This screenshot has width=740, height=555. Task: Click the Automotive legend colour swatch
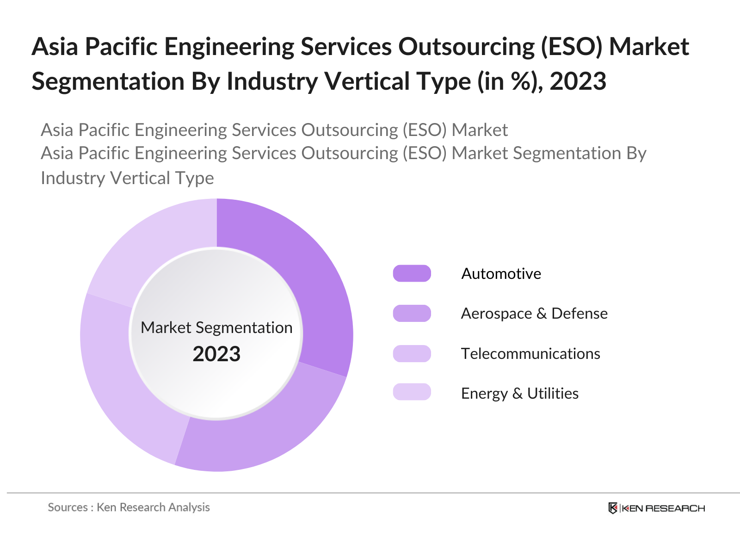(x=412, y=273)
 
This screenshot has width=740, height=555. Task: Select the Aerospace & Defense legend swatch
(x=412, y=313)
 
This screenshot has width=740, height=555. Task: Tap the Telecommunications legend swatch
(x=412, y=353)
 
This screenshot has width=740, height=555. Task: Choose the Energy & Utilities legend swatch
(x=412, y=392)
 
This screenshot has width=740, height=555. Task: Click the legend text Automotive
(x=501, y=274)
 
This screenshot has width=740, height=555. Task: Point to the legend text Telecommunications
(x=530, y=354)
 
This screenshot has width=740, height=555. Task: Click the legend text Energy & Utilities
(x=519, y=394)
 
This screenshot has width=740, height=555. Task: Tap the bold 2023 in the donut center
(x=216, y=354)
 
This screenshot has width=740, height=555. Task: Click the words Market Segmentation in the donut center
(x=216, y=327)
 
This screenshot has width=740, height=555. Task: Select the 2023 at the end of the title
(x=578, y=81)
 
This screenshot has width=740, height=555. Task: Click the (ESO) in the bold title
(x=572, y=47)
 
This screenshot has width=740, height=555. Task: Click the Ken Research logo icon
(x=613, y=508)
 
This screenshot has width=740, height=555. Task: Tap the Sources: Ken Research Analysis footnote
(x=129, y=507)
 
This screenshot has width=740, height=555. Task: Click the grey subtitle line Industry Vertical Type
(x=127, y=178)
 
